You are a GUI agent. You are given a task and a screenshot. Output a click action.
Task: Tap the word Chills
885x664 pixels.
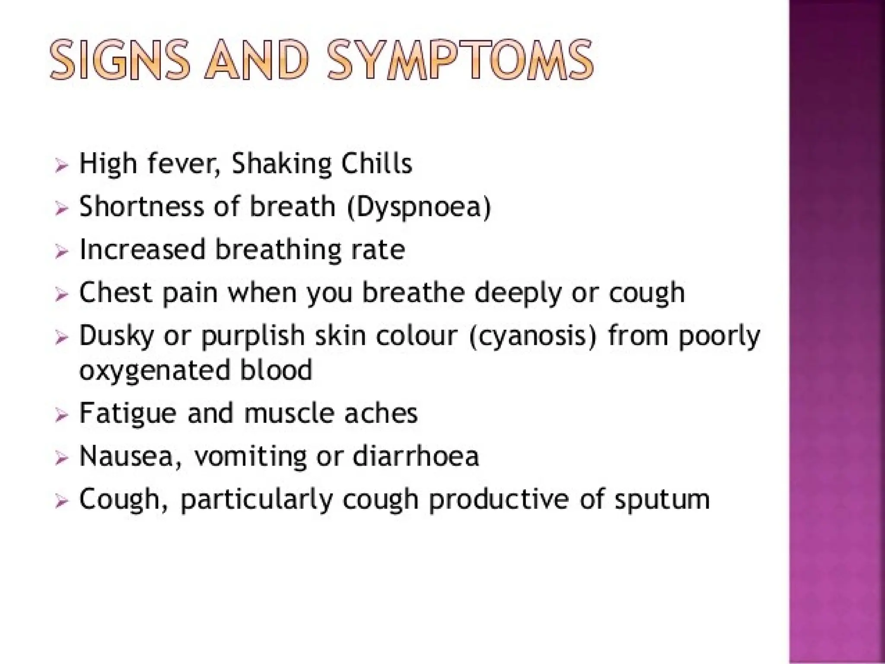376,164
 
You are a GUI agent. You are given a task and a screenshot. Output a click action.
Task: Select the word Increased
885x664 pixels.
143,249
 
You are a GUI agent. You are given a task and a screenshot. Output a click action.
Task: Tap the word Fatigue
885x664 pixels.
128,414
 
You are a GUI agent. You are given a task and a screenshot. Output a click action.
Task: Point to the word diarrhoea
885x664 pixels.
416,456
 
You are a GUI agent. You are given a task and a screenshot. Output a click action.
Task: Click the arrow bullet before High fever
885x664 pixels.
62,165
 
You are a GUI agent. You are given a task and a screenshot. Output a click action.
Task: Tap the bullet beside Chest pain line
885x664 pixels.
62,295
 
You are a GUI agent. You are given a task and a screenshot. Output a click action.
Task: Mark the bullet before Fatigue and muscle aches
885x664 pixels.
62,415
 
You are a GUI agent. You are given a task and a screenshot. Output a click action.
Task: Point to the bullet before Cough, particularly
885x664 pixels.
62,501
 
